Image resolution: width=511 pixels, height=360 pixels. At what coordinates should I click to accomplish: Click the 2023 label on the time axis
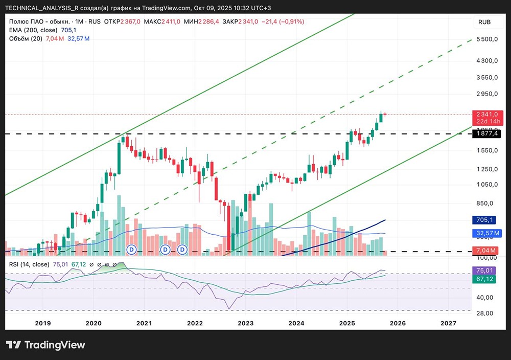pos(245,323)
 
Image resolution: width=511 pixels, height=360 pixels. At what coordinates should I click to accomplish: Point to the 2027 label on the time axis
pos(448,323)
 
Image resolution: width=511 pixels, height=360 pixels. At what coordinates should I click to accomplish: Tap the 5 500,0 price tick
pos(486,39)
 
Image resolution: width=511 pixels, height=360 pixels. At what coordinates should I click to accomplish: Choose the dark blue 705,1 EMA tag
pos(484,220)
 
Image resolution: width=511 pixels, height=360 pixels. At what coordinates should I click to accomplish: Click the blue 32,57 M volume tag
pos(486,233)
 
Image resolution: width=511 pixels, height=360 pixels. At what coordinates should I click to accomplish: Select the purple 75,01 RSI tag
pos(484,270)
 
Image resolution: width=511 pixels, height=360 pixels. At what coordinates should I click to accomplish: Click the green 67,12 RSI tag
pos(484,279)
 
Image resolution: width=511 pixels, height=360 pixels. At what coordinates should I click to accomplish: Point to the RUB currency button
pos(484,22)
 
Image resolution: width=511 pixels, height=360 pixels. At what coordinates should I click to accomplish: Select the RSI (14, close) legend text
pos(29,264)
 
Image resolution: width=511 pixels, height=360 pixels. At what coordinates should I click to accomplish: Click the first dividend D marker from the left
pos(131,250)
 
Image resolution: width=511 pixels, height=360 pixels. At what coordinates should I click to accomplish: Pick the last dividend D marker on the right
pos(182,250)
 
